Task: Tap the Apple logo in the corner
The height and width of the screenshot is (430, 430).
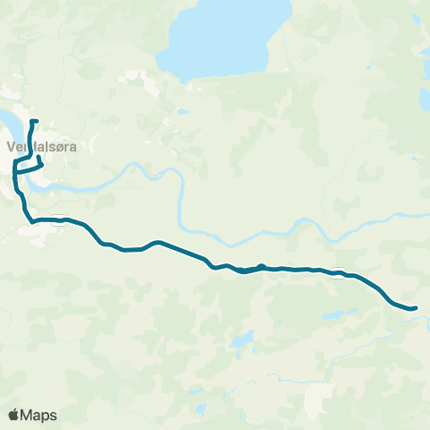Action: pyautogui.click(x=13, y=415)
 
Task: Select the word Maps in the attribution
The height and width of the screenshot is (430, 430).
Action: pyautogui.click(x=39, y=415)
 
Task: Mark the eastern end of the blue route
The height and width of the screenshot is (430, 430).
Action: pyautogui.click(x=416, y=308)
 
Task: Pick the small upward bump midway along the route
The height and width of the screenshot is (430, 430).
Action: pyautogui.click(x=261, y=265)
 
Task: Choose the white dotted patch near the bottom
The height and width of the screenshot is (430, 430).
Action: pyautogui.click(x=318, y=399)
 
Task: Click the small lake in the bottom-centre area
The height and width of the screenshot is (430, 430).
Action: pyautogui.click(x=240, y=341)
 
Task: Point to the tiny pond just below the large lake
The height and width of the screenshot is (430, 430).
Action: pyautogui.click(x=182, y=112)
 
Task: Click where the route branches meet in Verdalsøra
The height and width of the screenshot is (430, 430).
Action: pyautogui.click(x=15, y=167)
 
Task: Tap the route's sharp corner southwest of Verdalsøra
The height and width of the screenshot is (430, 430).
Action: pyautogui.click(x=32, y=219)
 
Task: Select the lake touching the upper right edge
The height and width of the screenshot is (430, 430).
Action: pyautogui.click(x=425, y=97)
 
